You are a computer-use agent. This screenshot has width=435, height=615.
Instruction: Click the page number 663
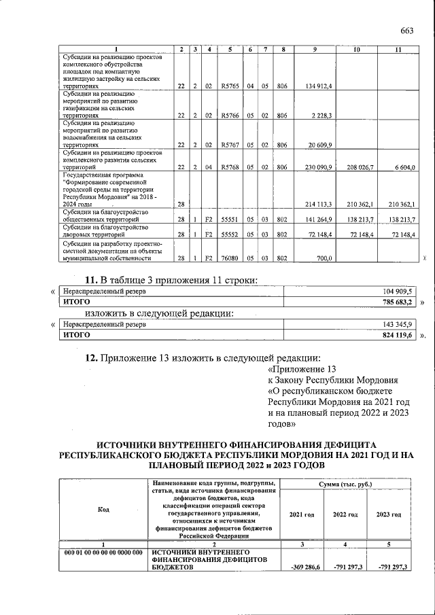[x=407, y=30]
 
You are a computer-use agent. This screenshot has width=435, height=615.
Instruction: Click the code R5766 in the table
[x=230, y=116]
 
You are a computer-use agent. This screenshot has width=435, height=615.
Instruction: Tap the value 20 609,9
[x=319, y=145]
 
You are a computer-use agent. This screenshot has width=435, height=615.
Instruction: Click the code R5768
[x=230, y=167]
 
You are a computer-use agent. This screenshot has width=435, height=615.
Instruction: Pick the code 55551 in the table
[x=230, y=220]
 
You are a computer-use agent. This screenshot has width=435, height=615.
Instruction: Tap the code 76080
[x=230, y=258]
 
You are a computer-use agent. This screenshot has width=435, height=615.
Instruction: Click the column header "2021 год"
[x=302, y=514]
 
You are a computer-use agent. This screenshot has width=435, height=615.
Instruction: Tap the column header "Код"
[x=104, y=509]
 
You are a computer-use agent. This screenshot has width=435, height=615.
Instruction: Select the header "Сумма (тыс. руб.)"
[x=345, y=483]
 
